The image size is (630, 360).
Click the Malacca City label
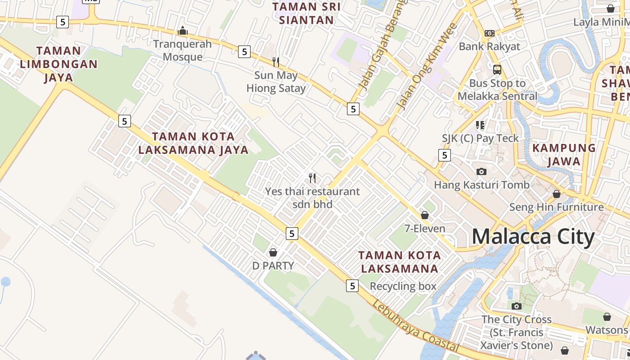click(x=533, y=237)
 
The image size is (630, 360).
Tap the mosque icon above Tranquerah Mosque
click(x=183, y=31)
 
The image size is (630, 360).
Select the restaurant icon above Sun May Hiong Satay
click(x=276, y=62)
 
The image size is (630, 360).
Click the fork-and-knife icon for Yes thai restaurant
click(x=312, y=178)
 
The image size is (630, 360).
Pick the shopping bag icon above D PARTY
click(x=273, y=252)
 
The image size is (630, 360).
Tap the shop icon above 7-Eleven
click(x=424, y=215)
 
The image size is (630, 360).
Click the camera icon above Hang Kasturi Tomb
click(x=481, y=171)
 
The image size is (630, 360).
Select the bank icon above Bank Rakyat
click(x=490, y=33)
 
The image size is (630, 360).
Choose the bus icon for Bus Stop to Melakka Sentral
click(x=497, y=70)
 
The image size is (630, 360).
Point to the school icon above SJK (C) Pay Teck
click(x=480, y=125)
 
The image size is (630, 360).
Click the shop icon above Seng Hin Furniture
click(x=557, y=194)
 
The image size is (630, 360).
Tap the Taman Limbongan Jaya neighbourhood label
click(x=58, y=64)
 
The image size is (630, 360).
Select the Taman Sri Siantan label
click(x=306, y=13)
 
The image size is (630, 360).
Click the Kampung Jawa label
click(x=564, y=154)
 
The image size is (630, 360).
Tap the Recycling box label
click(x=403, y=286)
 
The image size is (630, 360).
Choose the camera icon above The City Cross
click(x=517, y=306)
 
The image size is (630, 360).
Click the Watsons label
click(x=606, y=330)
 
